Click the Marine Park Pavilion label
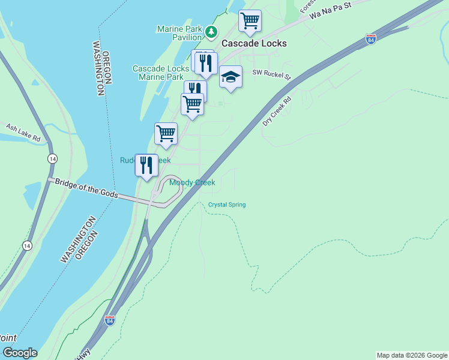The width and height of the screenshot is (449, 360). [179, 33]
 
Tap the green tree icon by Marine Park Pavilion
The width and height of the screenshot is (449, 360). [211, 31]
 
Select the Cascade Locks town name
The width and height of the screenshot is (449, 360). [254, 43]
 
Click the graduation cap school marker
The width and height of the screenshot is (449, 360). [231, 77]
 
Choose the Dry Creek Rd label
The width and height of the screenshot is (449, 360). [277, 111]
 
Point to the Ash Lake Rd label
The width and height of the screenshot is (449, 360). [23, 133]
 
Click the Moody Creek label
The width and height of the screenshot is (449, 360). [192, 183]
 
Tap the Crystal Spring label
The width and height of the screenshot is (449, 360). [227, 205]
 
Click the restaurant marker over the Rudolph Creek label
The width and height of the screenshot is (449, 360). [146, 165]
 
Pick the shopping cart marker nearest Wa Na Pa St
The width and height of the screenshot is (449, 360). [250, 20]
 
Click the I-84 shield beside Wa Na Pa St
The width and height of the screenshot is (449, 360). [371, 40]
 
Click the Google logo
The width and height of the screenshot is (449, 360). [19, 353]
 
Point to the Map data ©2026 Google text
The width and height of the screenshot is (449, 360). [412, 355]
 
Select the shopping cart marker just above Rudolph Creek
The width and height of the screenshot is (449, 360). [166, 134]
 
